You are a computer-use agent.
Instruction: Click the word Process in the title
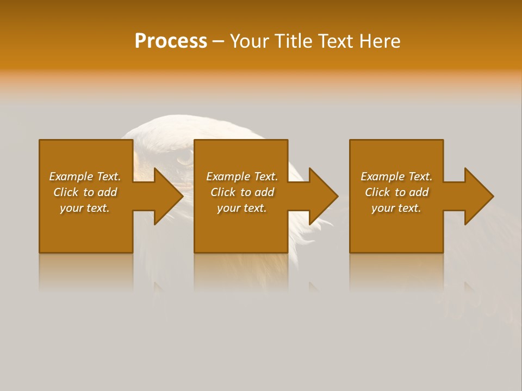point(171,41)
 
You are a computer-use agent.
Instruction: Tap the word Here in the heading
point(380,41)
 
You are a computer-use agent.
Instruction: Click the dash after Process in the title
point(219,41)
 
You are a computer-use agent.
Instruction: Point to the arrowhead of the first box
point(168,196)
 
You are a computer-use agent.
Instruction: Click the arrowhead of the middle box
point(323,196)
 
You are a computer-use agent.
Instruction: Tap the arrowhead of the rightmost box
point(478,196)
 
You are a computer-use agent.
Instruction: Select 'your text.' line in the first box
point(85,208)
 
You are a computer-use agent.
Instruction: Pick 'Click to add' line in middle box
point(242,192)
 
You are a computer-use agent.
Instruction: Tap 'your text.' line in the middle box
point(242,208)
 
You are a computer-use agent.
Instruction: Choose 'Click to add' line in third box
point(396,192)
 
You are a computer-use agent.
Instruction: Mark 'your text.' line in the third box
point(396,208)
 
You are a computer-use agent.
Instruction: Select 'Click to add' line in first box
point(85,192)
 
